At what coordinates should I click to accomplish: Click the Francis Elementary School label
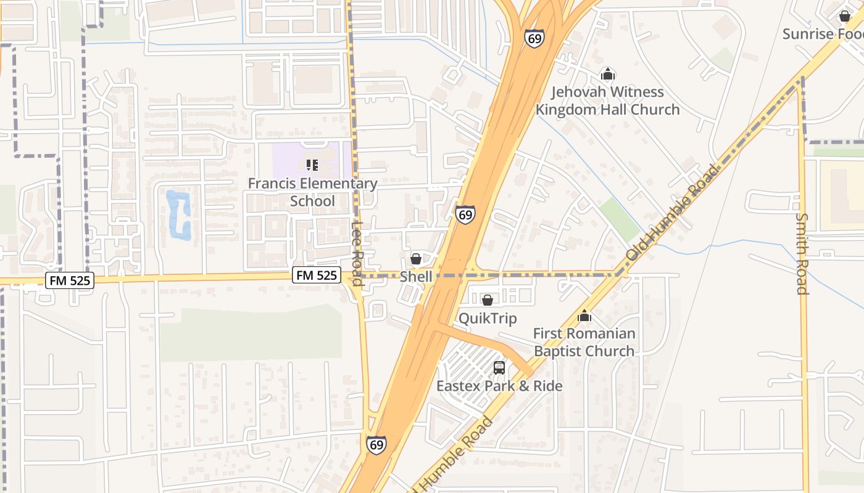tap(312, 192)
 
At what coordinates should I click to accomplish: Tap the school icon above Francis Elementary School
tap(312, 165)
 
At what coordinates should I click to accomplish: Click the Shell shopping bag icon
tap(416, 259)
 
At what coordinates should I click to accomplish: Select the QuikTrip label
tap(488, 318)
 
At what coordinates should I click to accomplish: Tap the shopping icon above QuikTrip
tap(488, 300)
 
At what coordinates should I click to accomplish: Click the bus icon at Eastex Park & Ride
tap(499, 368)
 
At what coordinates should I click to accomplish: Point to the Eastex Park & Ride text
tap(499, 386)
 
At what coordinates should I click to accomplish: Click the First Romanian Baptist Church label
tap(584, 342)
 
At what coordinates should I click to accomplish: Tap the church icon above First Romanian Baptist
tap(584, 316)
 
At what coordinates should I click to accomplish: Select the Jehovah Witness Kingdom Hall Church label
tap(607, 100)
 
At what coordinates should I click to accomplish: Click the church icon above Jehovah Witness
tap(608, 75)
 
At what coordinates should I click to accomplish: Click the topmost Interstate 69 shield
tap(534, 38)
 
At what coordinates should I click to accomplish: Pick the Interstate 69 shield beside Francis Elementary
tap(465, 214)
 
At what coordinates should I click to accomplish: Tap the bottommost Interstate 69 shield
tap(376, 444)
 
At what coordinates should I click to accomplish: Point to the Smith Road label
tap(802, 253)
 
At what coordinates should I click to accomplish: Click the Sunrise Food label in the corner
tap(822, 34)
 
